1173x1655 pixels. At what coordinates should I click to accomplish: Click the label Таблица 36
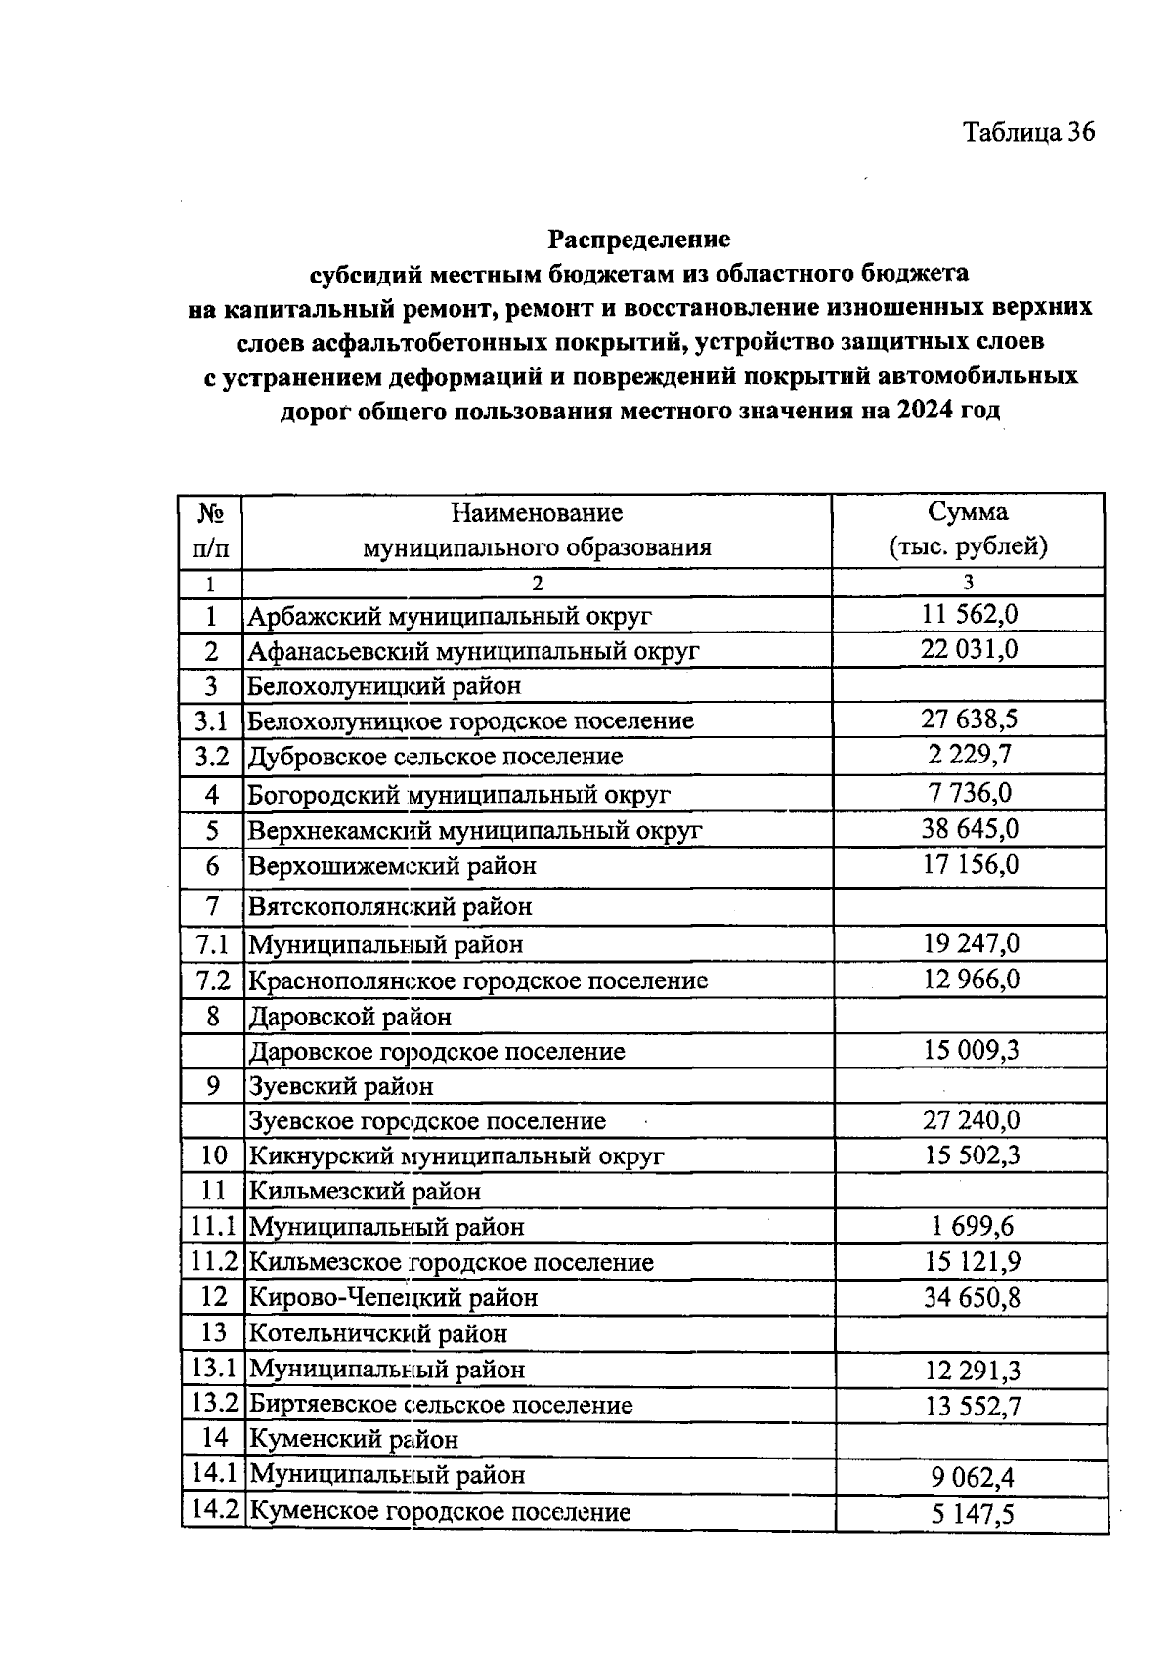[x=1029, y=132]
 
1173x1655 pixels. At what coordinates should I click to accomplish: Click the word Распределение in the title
[x=638, y=239]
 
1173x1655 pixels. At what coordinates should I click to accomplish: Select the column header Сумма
[x=968, y=511]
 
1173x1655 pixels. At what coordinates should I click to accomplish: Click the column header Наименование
[x=537, y=512]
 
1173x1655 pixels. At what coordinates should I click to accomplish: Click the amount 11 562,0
[x=969, y=614]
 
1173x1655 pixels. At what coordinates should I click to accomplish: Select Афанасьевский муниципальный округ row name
[x=473, y=651]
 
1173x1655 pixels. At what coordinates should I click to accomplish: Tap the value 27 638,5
[x=969, y=719]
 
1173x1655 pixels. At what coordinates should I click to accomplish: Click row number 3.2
[x=211, y=756]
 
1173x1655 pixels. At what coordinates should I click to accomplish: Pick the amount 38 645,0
[x=969, y=829]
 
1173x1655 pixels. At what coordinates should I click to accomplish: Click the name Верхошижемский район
[x=392, y=866]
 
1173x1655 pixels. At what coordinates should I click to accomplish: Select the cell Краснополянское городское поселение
[x=478, y=980]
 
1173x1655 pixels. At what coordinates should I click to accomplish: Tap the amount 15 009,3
[x=971, y=1050]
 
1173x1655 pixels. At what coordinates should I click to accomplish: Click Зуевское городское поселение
[x=427, y=1121]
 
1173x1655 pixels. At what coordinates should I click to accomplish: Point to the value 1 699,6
[x=971, y=1226]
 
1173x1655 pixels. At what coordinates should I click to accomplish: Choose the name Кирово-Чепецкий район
[x=393, y=1298]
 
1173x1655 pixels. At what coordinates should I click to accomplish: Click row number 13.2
[x=214, y=1404]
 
